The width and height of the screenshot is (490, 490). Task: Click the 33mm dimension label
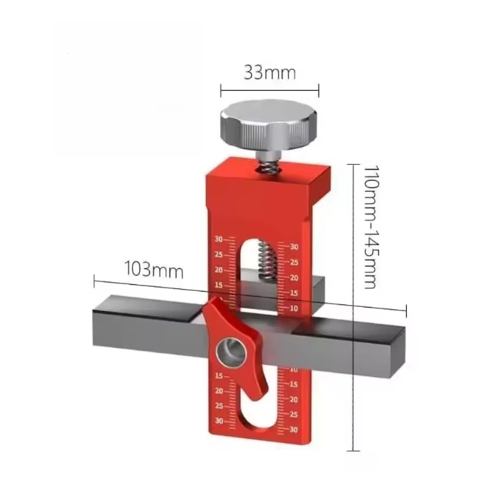269,73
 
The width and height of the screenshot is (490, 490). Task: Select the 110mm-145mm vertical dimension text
369,226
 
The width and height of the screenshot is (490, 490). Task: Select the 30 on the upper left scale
219,239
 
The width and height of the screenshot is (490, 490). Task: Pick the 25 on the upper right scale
294,262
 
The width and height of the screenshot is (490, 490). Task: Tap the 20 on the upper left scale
219,270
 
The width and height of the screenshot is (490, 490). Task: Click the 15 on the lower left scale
219,375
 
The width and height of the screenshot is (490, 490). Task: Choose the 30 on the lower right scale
294,429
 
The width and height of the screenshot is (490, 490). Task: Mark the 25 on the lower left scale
219,406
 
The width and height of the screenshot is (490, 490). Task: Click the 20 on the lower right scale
294,399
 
